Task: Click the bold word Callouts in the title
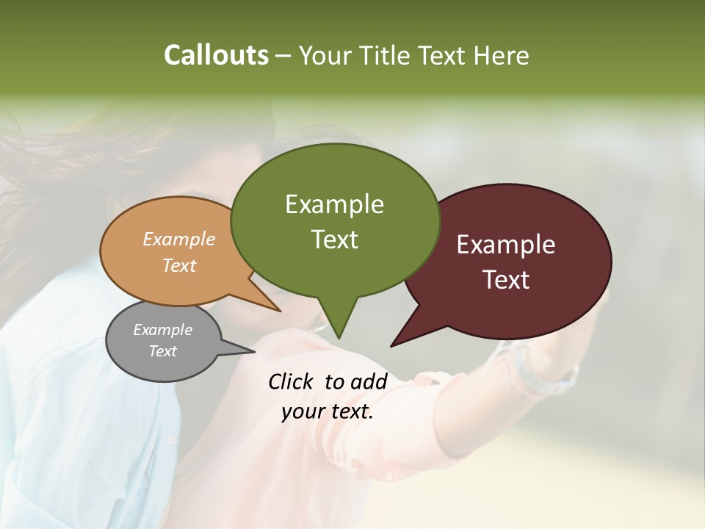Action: pyautogui.click(x=216, y=55)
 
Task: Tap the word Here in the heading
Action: pyautogui.click(x=501, y=55)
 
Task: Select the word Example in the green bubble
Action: pyautogui.click(x=334, y=204)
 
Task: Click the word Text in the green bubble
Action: pyautogui.click(x=334, y=239)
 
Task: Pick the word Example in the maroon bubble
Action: pyautogui.click(x=506, y=245)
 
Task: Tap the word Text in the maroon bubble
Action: pyautogui.click(x=506, y=279)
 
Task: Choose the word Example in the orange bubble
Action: pyautogui.click(x=178, y=239)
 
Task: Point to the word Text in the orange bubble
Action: pyautogui.click(x=178, y=265)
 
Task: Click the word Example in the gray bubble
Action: pyautogui.click(x=162, y=330)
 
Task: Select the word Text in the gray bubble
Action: pyautogui.click(x=162, y=351)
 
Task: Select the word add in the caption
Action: pyautogui.click(x=369, y=381)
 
